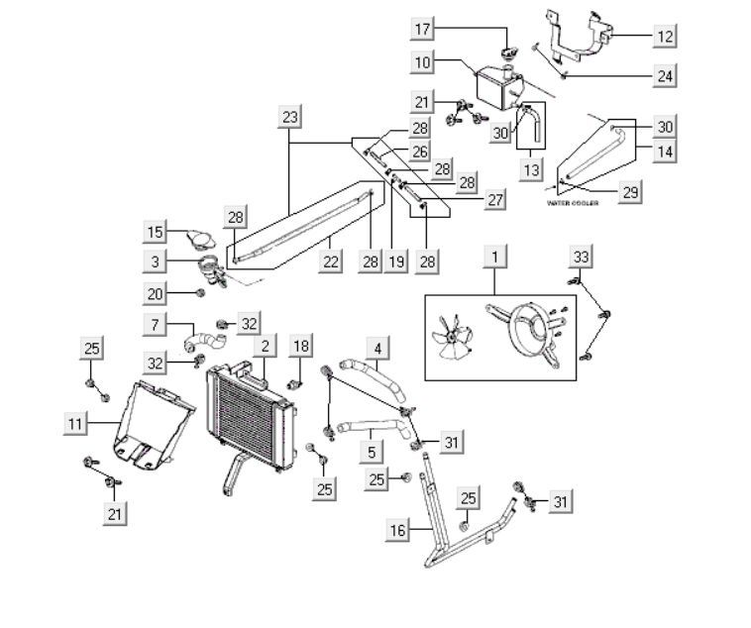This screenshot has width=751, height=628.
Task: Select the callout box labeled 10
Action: tap(423, 62)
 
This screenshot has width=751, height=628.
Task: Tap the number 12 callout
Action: tap(666, 37)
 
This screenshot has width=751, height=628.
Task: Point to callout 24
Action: tap(666, 74)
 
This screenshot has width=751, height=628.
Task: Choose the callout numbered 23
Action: tap(289, 118)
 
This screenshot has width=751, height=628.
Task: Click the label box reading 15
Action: tap(156, 233)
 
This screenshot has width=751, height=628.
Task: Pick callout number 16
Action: tap(397, 531)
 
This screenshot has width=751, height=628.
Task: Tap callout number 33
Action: tap(582, 257)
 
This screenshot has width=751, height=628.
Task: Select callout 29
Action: tap(630, 192)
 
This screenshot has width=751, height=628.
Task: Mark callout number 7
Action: tap(156, 324)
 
